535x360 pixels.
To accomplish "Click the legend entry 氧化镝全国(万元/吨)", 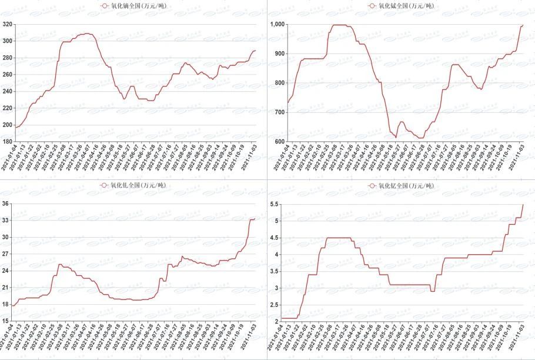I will [x=133, y=5].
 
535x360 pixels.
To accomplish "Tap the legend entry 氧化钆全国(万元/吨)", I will [x=133, y=185].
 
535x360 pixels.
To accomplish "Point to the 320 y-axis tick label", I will [x=7, y=24].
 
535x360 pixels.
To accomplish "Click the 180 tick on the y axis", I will [x=7, y=142].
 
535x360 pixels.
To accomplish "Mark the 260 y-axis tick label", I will [x=7, y=75].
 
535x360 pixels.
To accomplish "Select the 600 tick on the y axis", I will [x=279, y=142].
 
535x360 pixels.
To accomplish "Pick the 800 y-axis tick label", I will [x=279, y=83].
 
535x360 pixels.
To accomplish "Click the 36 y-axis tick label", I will [x=6, y=204].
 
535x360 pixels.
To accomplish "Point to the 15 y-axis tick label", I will [x=6, y=321].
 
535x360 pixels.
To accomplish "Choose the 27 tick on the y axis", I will [x=6, y=254].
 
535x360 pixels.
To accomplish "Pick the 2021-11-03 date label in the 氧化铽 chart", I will [x=515, y=159].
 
